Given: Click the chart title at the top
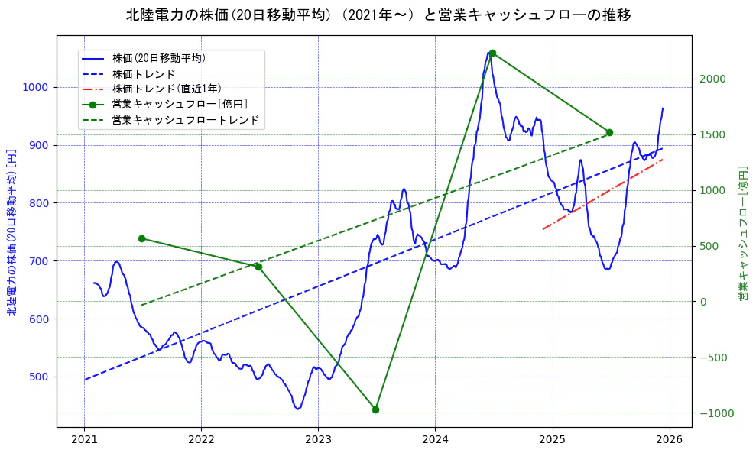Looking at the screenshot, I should [x=378, y=15].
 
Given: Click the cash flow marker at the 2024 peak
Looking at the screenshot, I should [x=492, y=53].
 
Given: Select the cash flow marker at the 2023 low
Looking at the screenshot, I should [x=375, y=409].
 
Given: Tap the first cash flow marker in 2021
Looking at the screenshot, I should [x=141, y=238].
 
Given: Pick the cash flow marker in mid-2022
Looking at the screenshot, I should [x=258, y=267].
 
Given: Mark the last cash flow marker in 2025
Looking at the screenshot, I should [x=609, y=132].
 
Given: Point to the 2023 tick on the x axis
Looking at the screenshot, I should [x=318, y=440].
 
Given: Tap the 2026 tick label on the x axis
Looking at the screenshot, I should [x=670, y=440].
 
